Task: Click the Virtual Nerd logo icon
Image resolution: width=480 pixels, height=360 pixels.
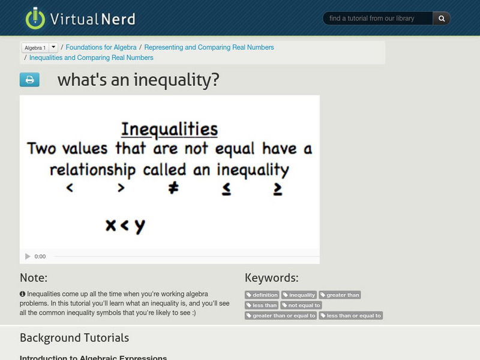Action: (x=35, y=18)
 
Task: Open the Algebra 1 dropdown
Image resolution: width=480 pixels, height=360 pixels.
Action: (x=53, y=47)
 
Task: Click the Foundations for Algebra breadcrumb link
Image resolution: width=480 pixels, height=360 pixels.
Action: (x=101, y=47)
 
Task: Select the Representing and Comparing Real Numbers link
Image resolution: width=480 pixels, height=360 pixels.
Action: (x=209, y=47)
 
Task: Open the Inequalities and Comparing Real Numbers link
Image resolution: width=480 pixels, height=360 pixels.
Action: (x=91, y=58)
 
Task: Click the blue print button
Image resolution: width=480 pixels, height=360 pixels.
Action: (x=29, y=80)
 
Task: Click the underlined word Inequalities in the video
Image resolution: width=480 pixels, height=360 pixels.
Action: (x=169, y=129)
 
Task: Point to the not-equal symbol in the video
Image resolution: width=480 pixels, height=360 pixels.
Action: (x=173, y=188)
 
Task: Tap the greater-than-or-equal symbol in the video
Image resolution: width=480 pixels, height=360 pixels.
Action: (x=278, y=188)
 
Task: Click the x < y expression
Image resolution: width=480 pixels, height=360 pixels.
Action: (x=125, y=226)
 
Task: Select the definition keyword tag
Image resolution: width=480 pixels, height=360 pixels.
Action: (x=262, y=295)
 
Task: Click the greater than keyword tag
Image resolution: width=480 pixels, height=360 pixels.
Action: (x=340, y=295)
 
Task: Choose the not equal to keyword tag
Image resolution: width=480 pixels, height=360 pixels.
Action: (x=301, y=305)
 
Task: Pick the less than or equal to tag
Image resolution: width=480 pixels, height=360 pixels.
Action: (x=351, y=316)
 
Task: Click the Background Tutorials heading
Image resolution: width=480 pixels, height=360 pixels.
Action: (x=74, y=337)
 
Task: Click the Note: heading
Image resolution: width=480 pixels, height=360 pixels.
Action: (x=34, y=278)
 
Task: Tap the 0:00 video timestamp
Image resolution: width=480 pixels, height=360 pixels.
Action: (x=40, y=257)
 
